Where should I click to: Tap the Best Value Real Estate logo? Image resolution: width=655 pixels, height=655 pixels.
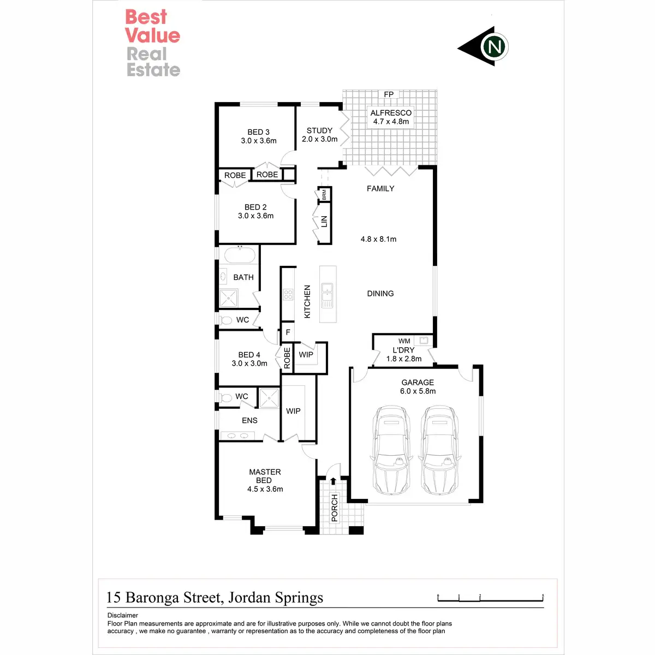152,43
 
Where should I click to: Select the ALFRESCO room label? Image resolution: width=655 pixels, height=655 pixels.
391,113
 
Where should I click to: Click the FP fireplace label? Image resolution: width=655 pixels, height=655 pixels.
389,94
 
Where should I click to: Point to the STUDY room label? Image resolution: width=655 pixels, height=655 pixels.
320,130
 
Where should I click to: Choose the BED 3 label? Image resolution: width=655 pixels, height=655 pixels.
258,132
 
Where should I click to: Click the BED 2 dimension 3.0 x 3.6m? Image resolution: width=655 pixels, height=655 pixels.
255,216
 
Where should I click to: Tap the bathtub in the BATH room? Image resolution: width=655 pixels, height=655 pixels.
239,255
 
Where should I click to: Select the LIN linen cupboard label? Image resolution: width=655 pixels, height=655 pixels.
324,221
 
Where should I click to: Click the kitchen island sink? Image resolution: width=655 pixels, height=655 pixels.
327,295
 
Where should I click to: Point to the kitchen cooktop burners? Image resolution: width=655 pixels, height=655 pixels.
288,295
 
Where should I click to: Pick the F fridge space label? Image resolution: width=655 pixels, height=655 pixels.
288,332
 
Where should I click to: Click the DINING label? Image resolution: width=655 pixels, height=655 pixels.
380,294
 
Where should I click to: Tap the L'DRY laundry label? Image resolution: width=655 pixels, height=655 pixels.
404,350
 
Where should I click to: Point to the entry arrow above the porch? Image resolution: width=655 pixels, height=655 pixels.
334,481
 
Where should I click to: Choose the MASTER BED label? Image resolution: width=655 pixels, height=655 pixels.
265,476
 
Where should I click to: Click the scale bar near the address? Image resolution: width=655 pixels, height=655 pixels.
490,599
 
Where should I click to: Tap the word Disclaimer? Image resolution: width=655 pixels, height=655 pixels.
123,615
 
